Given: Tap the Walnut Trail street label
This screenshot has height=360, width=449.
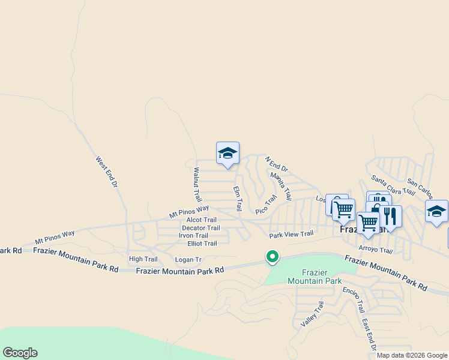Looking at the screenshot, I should [x=196, y=184].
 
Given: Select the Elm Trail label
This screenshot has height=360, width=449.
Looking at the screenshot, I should [x=237, y=198].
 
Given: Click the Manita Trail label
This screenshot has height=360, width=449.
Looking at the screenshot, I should [x=281, y=186].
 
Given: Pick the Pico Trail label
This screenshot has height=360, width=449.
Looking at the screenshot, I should [x=266, y=205].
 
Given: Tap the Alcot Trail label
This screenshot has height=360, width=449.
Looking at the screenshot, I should [x=201, y=220].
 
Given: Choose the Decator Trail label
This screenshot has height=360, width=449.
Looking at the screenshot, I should [x=200, y=228].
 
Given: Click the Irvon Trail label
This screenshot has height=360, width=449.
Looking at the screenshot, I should [x=193, y=236].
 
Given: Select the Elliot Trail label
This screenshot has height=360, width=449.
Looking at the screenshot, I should [x=202, y=244].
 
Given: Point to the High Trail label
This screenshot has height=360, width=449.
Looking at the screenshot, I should [x=143, y=259].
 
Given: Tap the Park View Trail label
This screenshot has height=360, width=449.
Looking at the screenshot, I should [x=291, y=235].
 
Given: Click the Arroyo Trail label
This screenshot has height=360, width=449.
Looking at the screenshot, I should [x=375, y=250].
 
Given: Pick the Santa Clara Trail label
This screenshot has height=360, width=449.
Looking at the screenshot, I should [x=393, y=184].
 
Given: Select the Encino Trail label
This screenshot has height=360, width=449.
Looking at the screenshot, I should [x=354, y=299].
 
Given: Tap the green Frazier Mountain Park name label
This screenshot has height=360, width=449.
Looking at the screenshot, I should [x=314, y=277].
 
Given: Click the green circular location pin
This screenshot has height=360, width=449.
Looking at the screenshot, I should [x=273, y=257].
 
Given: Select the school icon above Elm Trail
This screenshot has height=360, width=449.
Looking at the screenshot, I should [x=228, y=153].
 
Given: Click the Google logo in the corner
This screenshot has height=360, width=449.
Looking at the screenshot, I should [x=20, y=353].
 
